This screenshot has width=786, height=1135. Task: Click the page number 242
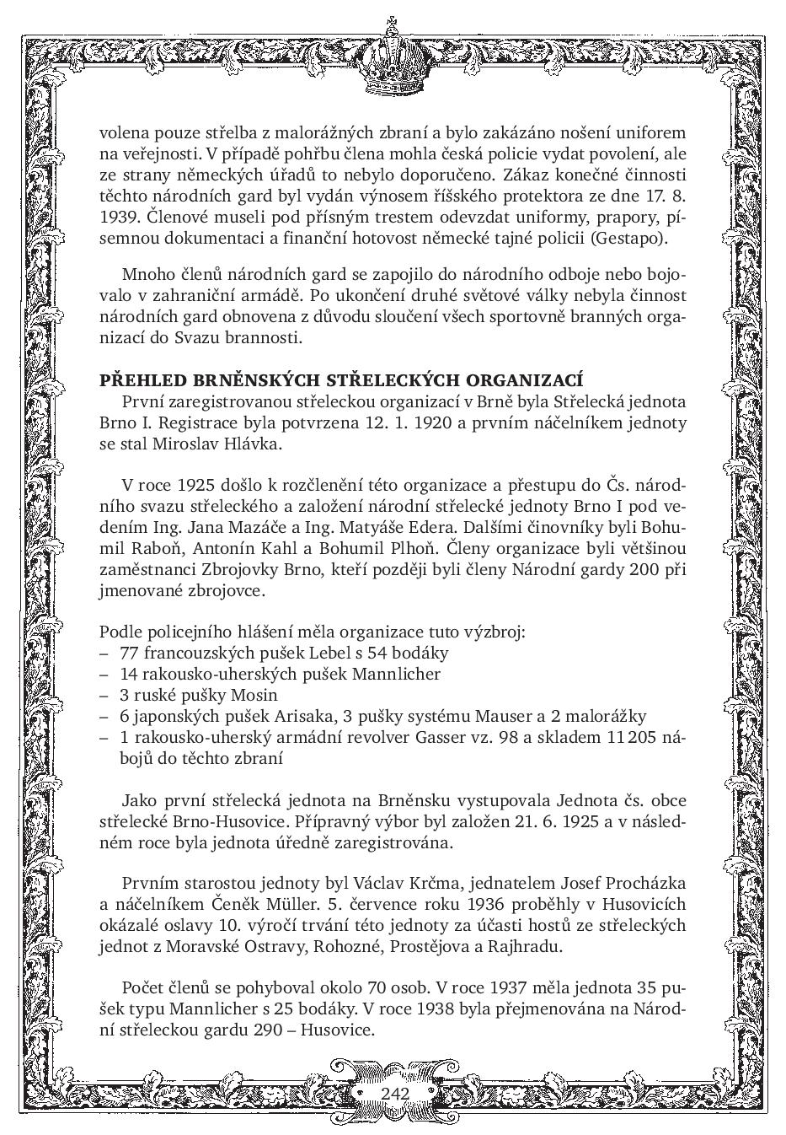(394, 1094)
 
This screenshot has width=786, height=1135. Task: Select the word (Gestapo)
(628, 239)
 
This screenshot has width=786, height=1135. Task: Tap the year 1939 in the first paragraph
(118, 218)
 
